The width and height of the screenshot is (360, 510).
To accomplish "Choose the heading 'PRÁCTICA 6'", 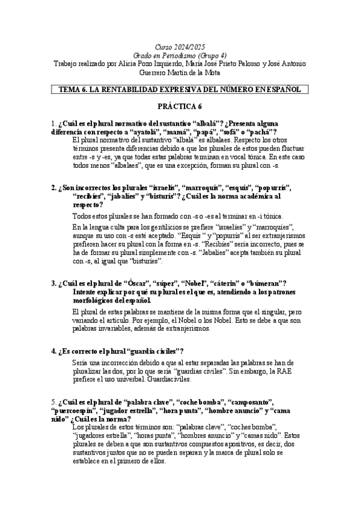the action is (180, 107).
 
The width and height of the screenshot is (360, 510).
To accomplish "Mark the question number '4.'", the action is (55, 351).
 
